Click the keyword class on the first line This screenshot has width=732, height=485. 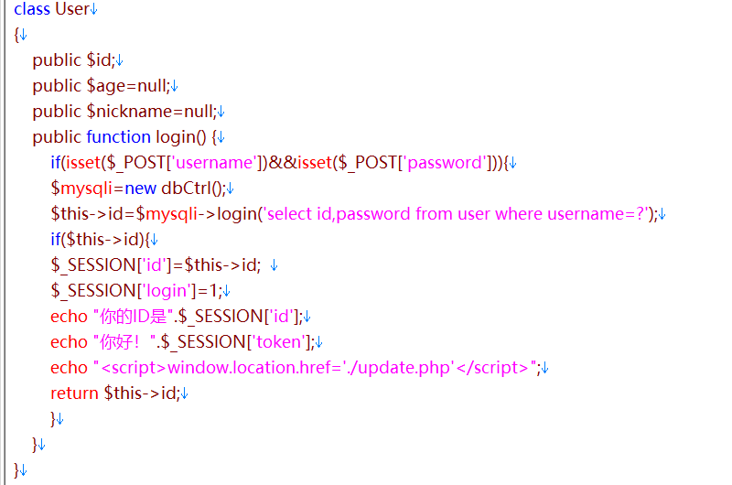(32, 9)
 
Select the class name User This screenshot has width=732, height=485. (72, 9)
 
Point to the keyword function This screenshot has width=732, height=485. (118, 137)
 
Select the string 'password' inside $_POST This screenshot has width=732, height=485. (444, 163)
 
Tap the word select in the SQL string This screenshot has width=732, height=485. (291, 214)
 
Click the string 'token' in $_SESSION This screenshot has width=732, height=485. (278, 342)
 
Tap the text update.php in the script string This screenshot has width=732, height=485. (416, 368)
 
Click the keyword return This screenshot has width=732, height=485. (74, 393)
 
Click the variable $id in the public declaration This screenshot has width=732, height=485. (99, 60)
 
